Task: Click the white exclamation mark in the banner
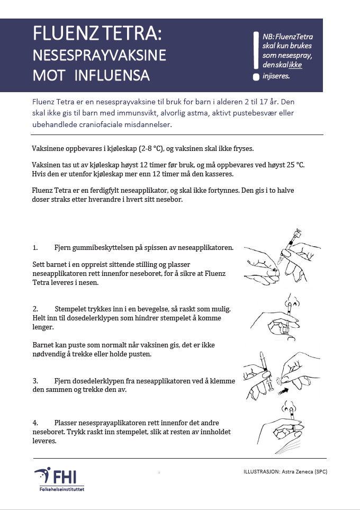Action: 256,53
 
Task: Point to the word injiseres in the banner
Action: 276,76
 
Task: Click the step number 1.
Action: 35,247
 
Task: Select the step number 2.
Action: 35,309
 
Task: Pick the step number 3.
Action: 35,381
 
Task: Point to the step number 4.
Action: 35,423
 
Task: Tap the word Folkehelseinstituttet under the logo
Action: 61,489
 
